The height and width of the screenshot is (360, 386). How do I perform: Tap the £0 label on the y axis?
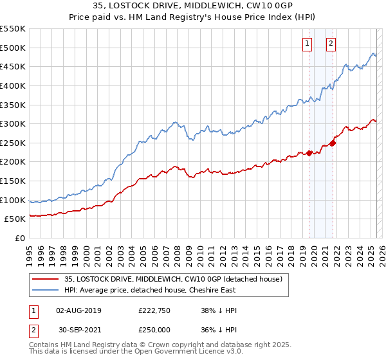click(x=19, y=238)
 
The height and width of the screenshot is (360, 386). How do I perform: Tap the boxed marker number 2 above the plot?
click(x=331, y=44)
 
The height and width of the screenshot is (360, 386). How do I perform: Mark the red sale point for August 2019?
click(x=309, y=153)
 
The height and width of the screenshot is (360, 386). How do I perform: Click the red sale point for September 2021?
click(x=333, y=143)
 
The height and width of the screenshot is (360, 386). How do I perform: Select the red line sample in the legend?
click(x=45, y=280)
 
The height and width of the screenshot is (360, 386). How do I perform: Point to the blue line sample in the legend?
click(x=45, y=291)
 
